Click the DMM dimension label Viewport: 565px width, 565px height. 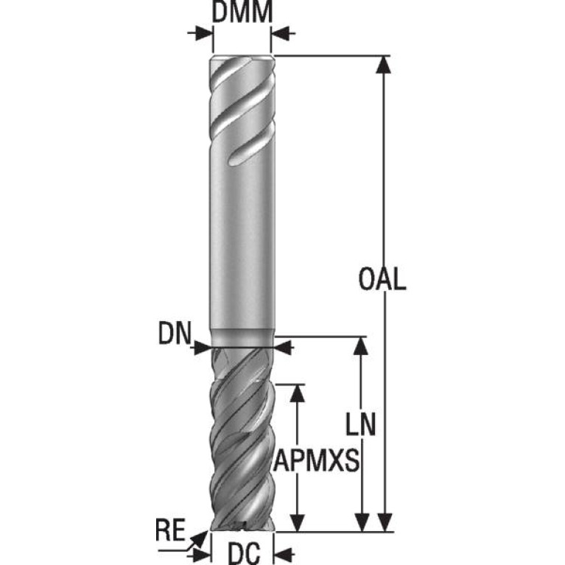(x=242, y=12)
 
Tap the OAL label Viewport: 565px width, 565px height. (x=382, y=279)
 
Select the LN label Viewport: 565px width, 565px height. (x=361, y=424)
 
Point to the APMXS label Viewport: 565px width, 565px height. (x=316, y=460)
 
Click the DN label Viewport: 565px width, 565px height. (x=175, y=334)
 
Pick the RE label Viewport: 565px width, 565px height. (x=170, y=530)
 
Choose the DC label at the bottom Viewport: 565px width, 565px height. (x=244, y=553)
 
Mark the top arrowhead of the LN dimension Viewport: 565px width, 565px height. (x=361, y=345)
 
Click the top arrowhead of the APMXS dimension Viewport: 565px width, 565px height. (x=298, y=393)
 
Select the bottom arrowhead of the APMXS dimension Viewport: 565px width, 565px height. (x=298, y=522)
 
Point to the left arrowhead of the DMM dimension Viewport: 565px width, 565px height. (x=203, y=33)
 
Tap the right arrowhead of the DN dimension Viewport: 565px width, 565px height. (x=283, y=348)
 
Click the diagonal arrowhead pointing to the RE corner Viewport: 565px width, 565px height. (x=200, y=539)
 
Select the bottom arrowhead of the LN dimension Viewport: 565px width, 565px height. (x=361, y=522)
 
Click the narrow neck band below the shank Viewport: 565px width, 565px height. (x=242, y=338)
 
